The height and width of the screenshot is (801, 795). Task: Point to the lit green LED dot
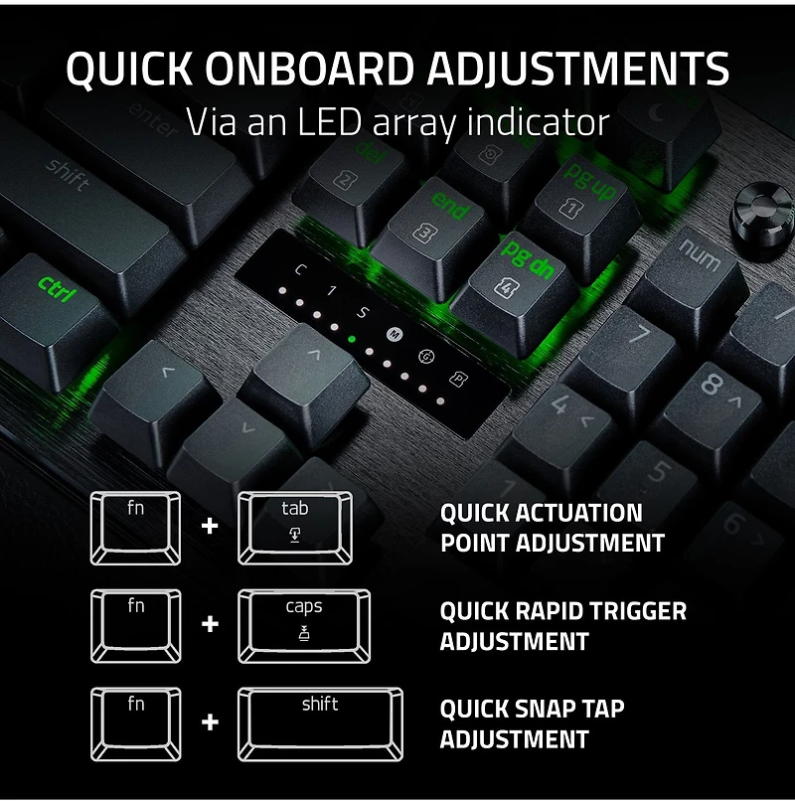click(x=352, y=338)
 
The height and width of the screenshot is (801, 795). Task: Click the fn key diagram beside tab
click(x=136, y=527)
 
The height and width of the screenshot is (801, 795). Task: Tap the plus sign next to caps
click(x=210, y=625)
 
